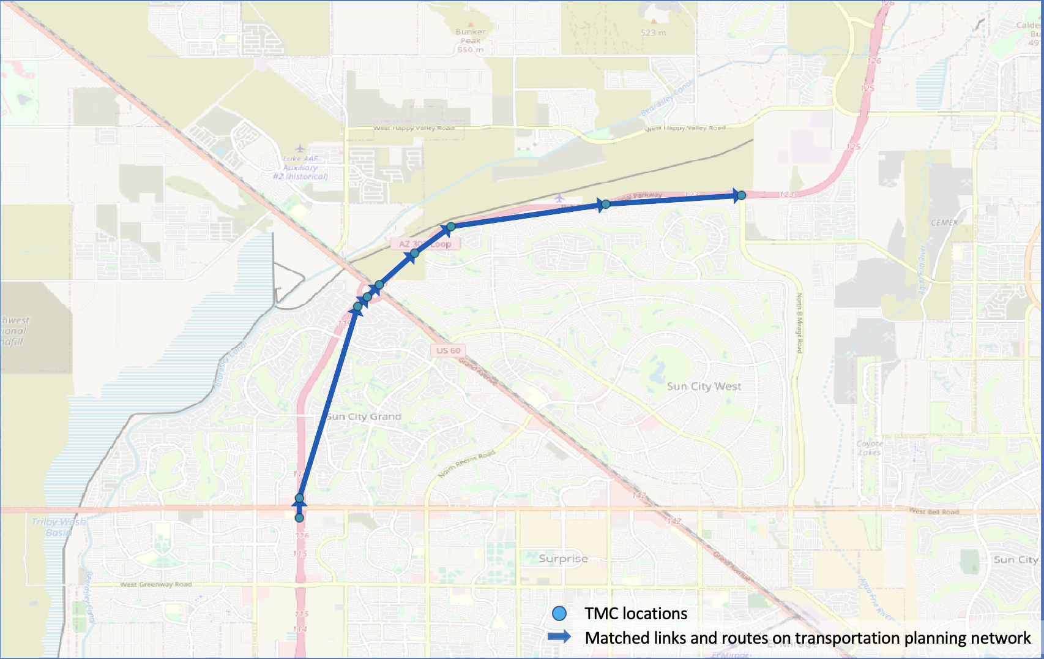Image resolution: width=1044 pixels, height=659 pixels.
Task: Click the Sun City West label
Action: pyautogui.click(x=704, y=386)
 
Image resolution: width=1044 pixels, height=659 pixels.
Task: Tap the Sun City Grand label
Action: pyautogui.click(x=364, y=416)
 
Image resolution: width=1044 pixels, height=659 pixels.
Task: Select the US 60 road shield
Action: pyautogui.click(x=448, y=350)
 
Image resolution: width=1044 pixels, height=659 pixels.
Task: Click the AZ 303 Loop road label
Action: pyautogui.click(x=425, y=244)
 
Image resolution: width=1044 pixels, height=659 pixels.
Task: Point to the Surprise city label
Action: pyautogui.click(x=563, y=559)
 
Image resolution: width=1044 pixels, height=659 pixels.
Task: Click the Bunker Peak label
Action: pyautogui.click(x=470, y=36)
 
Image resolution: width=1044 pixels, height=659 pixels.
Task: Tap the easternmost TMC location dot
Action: pyautogui.click(x=741, y=195)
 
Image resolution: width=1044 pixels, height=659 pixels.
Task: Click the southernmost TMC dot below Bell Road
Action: pyautogui.click(x=299, y=518)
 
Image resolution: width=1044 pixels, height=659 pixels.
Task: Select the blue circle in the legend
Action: pyautogui.click(x=559, y=613)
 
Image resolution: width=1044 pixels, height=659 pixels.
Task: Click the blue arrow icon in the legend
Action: pyautogui.click(x=559, y=637)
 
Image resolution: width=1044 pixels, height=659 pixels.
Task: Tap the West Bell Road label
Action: pyautogui.click(x=934, y=511)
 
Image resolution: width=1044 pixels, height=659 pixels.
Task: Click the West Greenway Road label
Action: pyautogui.click(x=155, y=584)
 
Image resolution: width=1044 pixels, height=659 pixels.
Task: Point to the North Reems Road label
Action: pyautogui.click(x=466, y=465)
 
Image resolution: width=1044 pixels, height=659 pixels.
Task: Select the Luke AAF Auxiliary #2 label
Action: pyautogui.click(x=300, y=167)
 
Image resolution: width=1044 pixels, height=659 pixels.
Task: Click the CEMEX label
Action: pyautogui.click(x=944, y=223)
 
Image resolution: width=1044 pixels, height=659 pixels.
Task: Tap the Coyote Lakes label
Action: pyautogui.click(x=870, y=448)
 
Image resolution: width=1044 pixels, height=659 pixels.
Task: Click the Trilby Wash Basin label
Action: pyautogui.click(x=59, y=527)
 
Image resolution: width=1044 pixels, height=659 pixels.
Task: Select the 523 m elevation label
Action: pyautogui.click(x=653, y=32)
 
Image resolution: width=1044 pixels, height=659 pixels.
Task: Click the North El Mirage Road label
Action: pyautogui.click(x=799, y=323)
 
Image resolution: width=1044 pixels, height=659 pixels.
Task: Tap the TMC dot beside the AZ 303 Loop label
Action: pyautogui.click(x=414, y=253)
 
